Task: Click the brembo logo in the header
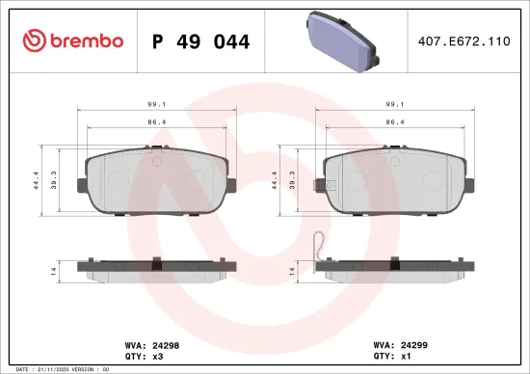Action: [73, 40]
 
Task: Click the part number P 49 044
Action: [201, 41]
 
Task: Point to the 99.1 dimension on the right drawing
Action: [394, 106]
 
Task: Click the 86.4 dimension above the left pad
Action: [156, 123]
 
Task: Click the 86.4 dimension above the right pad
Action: [394, 123]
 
